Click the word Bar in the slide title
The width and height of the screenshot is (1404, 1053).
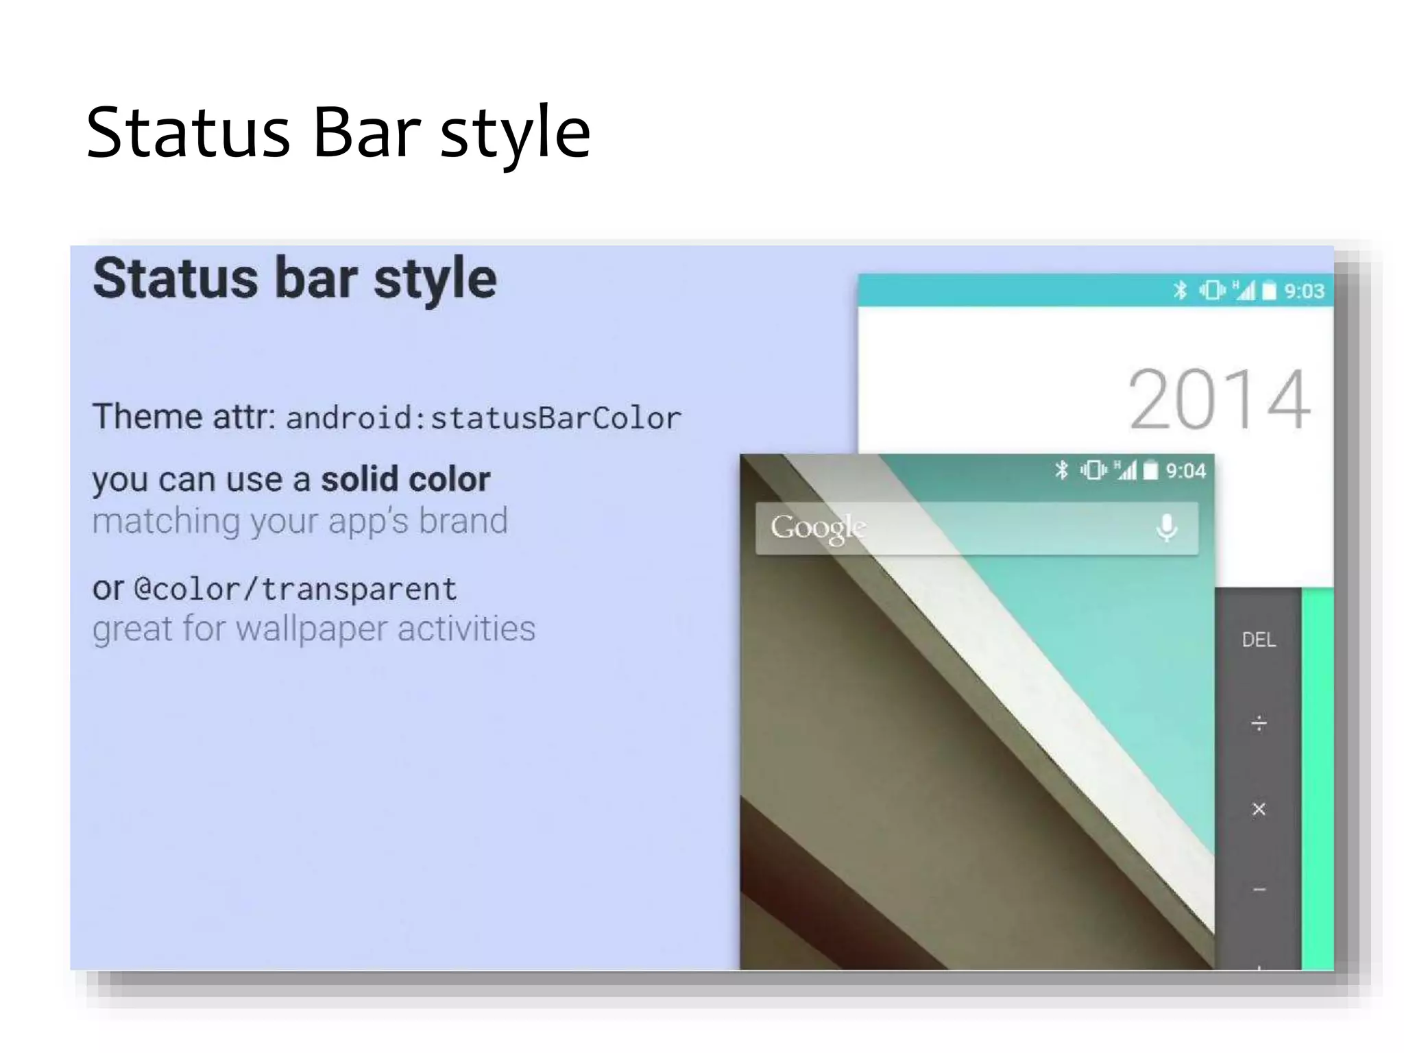point(366,132)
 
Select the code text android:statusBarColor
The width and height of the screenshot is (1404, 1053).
point(483,418)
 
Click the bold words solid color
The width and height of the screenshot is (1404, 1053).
point(406,479)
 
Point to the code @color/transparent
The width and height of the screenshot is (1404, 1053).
point(295,590)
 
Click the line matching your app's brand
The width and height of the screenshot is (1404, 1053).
point(300,521)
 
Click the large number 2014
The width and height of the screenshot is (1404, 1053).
point(1219,399)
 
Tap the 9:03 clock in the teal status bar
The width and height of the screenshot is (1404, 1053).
point(1304,291)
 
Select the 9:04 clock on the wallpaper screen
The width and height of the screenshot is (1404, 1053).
point(1185,471)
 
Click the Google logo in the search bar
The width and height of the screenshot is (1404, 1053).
point(818,527)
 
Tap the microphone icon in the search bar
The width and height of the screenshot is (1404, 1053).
point(1167,527)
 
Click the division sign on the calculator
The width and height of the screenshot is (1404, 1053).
point(1259,724)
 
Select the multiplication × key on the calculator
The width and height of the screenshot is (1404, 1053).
point(1259,810)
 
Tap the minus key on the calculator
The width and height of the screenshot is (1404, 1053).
point(1259,890)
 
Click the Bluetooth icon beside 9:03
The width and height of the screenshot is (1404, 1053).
point(1180,291)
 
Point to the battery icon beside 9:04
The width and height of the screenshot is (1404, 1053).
point(1151,470)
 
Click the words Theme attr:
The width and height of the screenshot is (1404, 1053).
point(184,417)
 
